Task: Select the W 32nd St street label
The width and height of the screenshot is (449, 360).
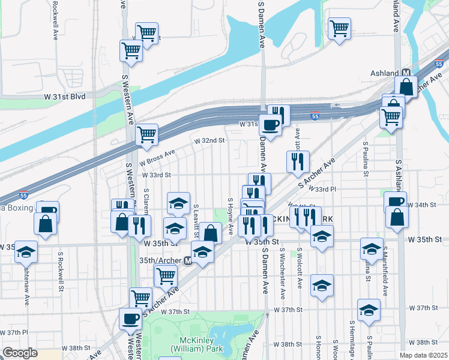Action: [209, 140]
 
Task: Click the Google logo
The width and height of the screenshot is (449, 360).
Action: [20, 353]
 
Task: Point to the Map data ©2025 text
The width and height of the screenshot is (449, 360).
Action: [424, 355]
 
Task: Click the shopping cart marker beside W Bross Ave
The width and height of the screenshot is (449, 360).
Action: [147, 136]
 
